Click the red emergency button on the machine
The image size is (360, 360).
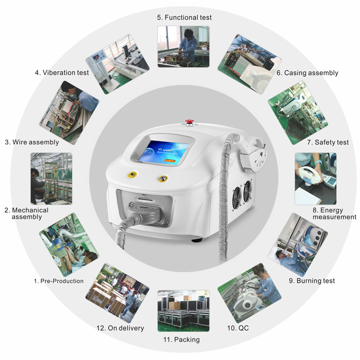point(190,122)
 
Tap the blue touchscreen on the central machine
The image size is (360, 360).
point(164,152)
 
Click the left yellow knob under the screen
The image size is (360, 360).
point(132,175)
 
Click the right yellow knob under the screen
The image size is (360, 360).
point(163,179)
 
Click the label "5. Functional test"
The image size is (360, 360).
point(184,17)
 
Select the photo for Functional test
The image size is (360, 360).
point(183,47)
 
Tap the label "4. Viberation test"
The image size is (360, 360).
point(62,72)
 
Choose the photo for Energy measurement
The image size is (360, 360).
point(315,179)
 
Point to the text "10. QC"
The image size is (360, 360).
point(238,328)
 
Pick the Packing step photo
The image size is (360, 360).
point(183,311)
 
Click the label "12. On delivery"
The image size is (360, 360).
point(120,328)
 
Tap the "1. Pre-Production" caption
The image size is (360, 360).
point(59,281)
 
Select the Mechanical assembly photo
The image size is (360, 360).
point(51,179)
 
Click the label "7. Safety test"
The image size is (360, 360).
point(328,143)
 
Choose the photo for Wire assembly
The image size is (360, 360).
point(69,113)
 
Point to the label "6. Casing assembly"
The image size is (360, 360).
point(307,73)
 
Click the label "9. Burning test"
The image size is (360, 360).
point(312,281)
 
